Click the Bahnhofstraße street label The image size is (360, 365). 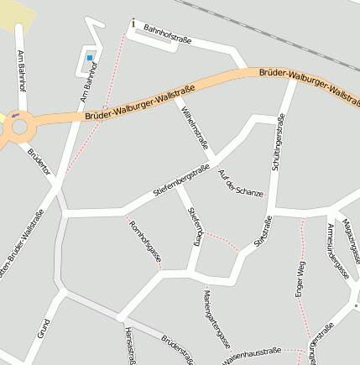coord(168,34)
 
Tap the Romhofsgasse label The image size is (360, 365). coord(143,242)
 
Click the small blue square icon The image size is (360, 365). coord(90,58)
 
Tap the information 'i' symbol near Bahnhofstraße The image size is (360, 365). coord(133,22)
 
